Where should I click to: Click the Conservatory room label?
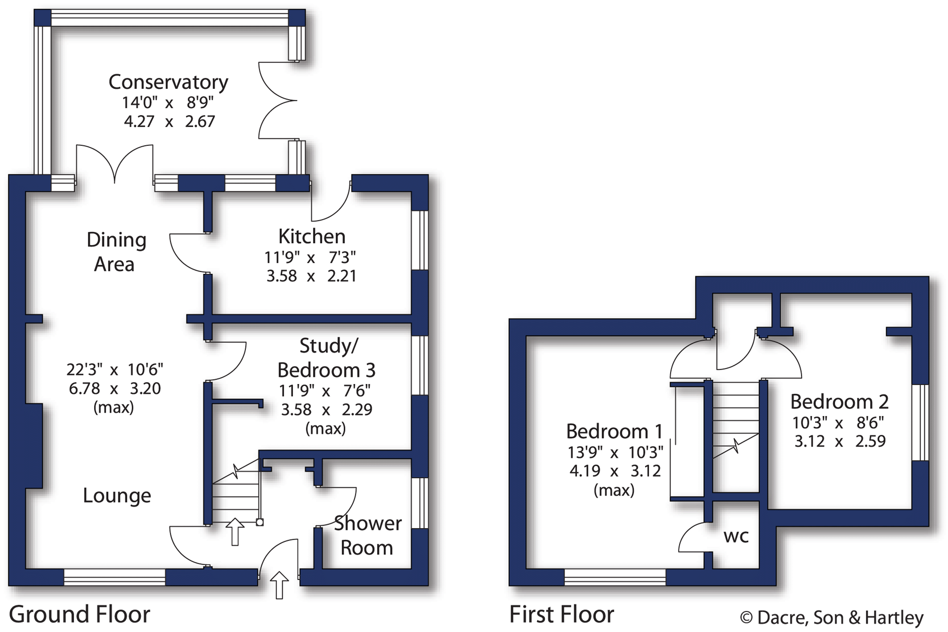[169, 82]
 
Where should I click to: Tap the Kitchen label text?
[312, 236]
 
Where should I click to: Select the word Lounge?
[117, 496]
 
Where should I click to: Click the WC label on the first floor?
[736, 536]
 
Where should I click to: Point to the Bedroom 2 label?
[839, 401]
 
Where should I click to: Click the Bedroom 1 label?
[614, 431]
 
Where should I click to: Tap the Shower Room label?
[367, 535]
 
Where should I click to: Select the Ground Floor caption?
[79, 614]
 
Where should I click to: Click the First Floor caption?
[561, 614]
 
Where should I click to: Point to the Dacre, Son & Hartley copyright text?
[832, 618]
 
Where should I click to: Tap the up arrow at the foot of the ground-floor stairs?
[235, 532]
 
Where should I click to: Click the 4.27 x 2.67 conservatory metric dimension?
[169, 121]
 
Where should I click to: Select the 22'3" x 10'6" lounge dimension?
[115, 369]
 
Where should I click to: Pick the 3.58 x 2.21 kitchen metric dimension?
[312, 276]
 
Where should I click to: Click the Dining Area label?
[116, 252]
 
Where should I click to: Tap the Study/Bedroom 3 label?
[327, 358]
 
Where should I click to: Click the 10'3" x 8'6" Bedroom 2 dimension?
[838, 422]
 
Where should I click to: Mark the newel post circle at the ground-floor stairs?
[260, 522]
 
